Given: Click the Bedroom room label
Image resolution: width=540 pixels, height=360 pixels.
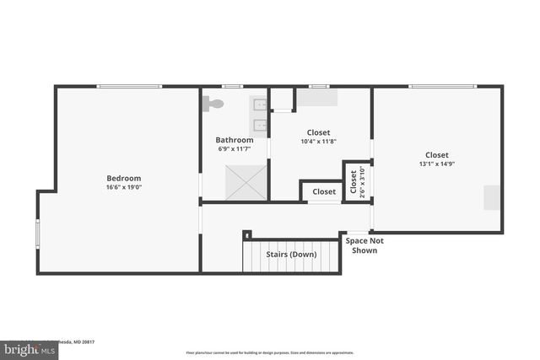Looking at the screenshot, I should click(123, 178).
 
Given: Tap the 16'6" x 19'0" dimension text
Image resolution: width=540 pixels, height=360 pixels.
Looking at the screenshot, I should click(123, 189).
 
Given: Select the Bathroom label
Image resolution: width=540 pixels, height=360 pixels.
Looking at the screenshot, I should click(234, 140).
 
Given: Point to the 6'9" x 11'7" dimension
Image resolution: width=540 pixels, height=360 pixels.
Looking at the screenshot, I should click(234, 150).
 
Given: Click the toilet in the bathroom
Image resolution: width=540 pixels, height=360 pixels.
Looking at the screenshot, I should click(213, 104).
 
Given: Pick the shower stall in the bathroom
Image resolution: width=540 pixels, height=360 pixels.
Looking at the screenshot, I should click(246, 182).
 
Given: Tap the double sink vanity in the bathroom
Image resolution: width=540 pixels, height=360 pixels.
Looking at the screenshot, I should click(259, 116).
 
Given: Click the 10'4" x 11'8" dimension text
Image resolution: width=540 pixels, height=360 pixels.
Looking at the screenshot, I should click(318, 142).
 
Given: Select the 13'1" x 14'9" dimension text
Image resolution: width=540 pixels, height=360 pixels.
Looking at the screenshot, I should click(436, 165).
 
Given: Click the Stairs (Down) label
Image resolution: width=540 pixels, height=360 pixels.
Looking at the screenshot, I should click(291, 254).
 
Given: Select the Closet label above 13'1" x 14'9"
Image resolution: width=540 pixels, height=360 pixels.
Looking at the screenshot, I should click(436, 154).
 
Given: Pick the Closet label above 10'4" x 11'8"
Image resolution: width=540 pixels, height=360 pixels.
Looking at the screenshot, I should click(318, 132).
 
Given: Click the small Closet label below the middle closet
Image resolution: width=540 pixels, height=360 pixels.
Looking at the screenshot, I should click(324, 191).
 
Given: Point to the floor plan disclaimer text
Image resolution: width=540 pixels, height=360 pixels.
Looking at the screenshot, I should click(269, 353).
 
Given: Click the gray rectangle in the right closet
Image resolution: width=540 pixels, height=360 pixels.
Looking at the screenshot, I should click(491, 197).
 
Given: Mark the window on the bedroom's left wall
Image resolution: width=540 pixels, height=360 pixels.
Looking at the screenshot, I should click(37, 233).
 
